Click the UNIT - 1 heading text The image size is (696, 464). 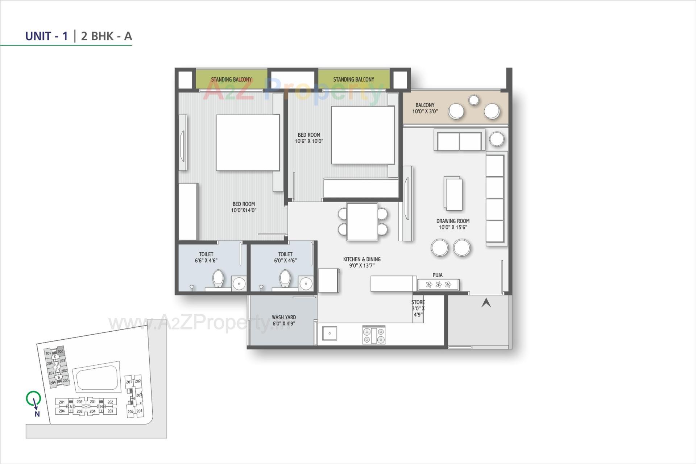coord(46,36)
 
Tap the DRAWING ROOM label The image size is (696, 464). coord(452,221)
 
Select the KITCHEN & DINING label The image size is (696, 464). coord(361,259)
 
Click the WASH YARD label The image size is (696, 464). coord(283,317)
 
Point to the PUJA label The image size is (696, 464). coord(437,275)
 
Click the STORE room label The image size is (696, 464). coord(418,302)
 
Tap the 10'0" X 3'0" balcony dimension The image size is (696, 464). coord(424,111)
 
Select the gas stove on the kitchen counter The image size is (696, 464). coord(374,335)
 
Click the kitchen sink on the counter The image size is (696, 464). coord(330,333)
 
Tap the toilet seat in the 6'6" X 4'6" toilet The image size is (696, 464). coord(218,278)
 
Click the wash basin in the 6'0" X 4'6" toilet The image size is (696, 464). coord(306,283)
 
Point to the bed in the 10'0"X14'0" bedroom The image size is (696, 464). coord(248,142)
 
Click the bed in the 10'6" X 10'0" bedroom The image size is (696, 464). coord(362,135)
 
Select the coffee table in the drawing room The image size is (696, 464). coord(453,194)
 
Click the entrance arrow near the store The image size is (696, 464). coord(486,303)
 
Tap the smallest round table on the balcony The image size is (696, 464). coord(473,100)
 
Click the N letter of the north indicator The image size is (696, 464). coord(37,414)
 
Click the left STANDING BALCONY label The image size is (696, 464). coord(231,79)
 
